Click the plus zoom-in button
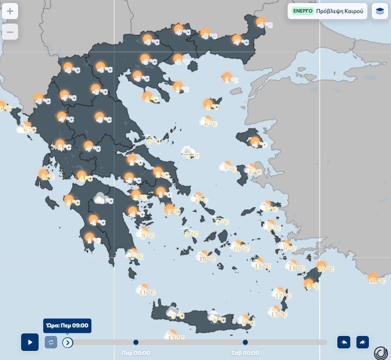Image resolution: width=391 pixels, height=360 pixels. pyautogui.click(x=10, y=11)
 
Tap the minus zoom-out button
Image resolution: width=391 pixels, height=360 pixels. pyautogui.click(x=10, y=32)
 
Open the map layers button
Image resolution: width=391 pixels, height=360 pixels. pyautogui.click(x=379, y=11)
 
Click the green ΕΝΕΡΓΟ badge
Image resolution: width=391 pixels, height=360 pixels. pyautogui.click(x=303, y=11)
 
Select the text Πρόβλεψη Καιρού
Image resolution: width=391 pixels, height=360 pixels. pyautogui.click(x=339, y=11)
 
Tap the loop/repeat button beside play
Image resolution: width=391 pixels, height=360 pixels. pyautogui.click(x=51, y=342)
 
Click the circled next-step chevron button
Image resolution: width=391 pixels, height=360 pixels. pyautogui.click(x=68, y=342)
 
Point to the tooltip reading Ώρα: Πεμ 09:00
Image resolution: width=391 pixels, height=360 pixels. pyautogui.click(x=67, y=326)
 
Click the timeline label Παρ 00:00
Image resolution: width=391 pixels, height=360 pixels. pyautogui.click(x=136, y=353)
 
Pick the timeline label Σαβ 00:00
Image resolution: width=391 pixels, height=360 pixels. pyautogui.click(x=245, y=353)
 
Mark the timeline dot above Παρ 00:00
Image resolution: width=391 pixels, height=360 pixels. pyautogui.click(x=136, y=342)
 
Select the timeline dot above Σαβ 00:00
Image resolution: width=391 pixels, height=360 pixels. pyautogui.click(x=245, y=342)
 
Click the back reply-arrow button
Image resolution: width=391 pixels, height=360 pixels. pyautogui.click(x=344, y=342)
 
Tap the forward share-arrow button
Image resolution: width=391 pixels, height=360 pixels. pyautogui.click(x=362, y=342)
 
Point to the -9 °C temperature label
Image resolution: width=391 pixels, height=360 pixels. pyautogui.click(x=183, y=33)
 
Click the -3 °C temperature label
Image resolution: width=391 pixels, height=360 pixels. pyautogui.click(x=104, y=120)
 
